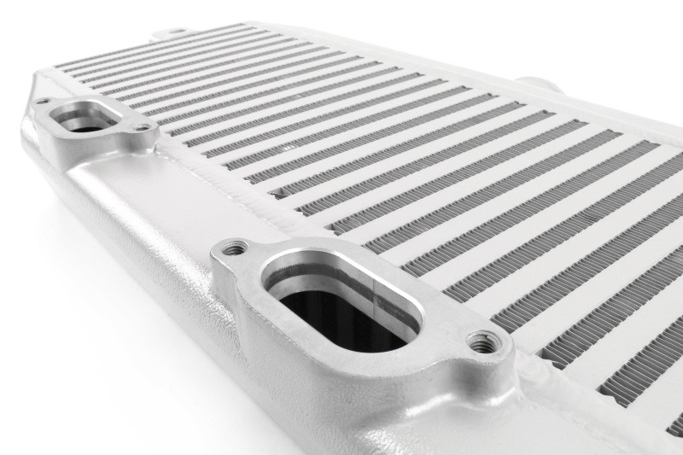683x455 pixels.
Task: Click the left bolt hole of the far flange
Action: click(42, 102)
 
